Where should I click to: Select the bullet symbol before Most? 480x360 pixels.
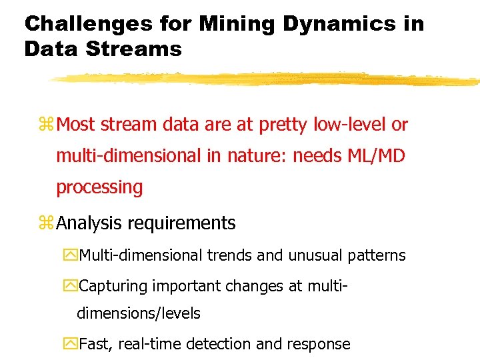coord(47,125)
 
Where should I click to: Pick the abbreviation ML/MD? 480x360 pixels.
coord(377,156)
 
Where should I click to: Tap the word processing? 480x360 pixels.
coord(99,187)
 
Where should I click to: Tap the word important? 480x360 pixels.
coord(185,287)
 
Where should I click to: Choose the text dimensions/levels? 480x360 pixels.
coord(139,313)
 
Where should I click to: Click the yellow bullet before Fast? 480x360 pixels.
coord(71,344)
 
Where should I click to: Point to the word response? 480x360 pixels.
coord(317,344)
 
